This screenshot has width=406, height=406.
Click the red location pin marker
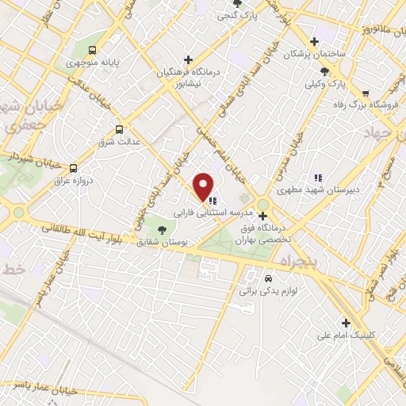[x=204, y=186]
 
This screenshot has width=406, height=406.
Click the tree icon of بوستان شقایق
[x=162, y=230]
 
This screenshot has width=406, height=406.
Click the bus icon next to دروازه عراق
[x=73, y=168]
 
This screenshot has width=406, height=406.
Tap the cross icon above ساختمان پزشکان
[x=315, y=41]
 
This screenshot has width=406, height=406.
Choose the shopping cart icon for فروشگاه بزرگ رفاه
[x=365, y=93]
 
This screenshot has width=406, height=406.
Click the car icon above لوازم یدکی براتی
[x=268, y=278]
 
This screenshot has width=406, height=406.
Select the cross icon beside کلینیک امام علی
[x=345, y=322]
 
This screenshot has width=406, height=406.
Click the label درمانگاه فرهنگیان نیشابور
[x=187, y=75]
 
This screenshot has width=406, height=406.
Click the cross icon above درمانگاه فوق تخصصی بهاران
[x=262, y=215]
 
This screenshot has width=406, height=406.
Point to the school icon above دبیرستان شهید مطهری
[x=317, y=178]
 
